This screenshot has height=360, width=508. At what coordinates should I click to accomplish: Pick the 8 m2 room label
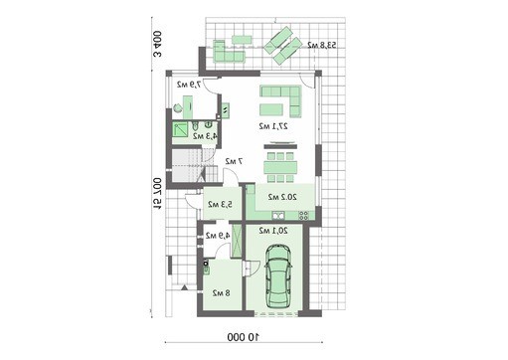(221, 293)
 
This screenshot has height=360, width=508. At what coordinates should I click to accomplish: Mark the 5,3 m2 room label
(222, 205)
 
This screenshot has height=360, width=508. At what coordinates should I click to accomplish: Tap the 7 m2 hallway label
(233, 161)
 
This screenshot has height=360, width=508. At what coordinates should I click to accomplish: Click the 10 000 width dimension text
(255, 337)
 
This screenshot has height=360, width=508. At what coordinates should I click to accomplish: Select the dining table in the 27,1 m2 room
(282, 163)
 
